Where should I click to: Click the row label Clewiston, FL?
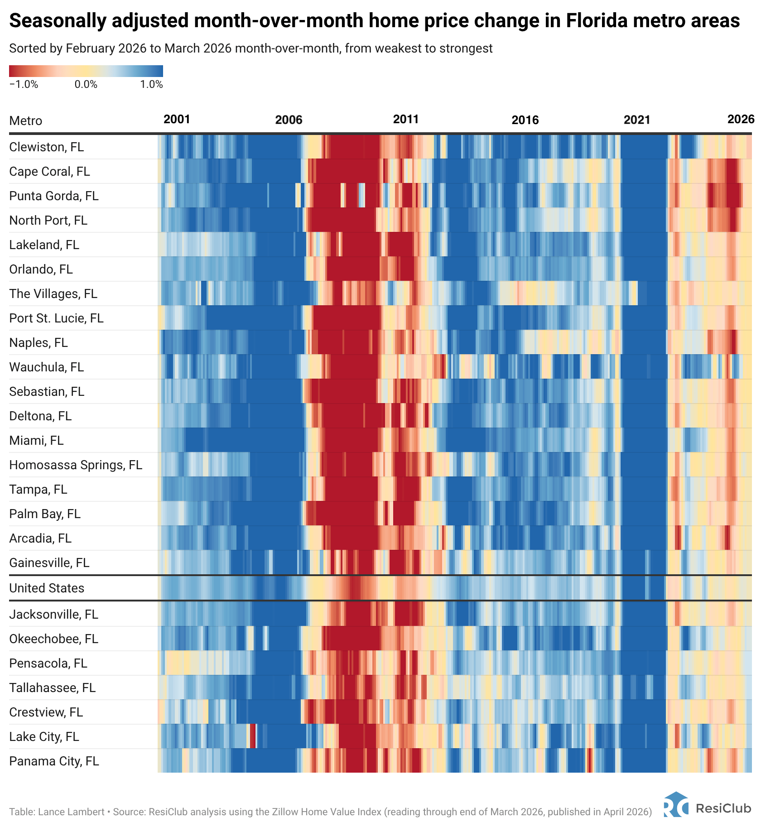[47, 147]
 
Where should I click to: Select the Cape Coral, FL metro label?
[49, 172]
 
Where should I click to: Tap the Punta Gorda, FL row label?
[54, 196]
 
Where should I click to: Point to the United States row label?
[47, 588]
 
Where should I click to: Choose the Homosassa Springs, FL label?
[76, 465]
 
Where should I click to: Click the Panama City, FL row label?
[54, 761]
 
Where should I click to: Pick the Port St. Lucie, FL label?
[56, 318]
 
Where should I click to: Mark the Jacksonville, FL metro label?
[54, 614]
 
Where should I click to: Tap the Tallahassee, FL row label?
[53, 688]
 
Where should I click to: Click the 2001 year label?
[177, 120]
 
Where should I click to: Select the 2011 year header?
[406, 120]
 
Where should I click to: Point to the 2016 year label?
[525, 120]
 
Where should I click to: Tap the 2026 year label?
[741, 119]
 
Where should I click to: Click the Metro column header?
[26, 121]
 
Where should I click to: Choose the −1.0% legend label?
[24, 85]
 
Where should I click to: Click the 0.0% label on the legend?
[86, 85]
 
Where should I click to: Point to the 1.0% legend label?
[151, 85]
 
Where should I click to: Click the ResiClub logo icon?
[676, 804]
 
